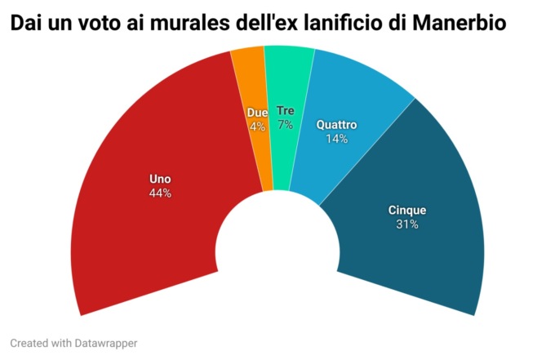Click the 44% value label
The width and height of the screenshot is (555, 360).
pos(160,193)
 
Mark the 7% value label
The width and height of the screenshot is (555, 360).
pos(285,125)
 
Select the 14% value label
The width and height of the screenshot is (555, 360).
pos(337,139)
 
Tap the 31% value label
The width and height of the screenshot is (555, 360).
pos(406,224)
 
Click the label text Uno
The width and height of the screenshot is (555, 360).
pos(160,179)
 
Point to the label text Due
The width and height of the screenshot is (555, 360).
pos(257,112)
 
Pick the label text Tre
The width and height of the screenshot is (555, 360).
pos(285,110)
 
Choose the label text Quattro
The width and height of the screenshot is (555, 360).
pos(337,125)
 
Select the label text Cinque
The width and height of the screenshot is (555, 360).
pos(406,210)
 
